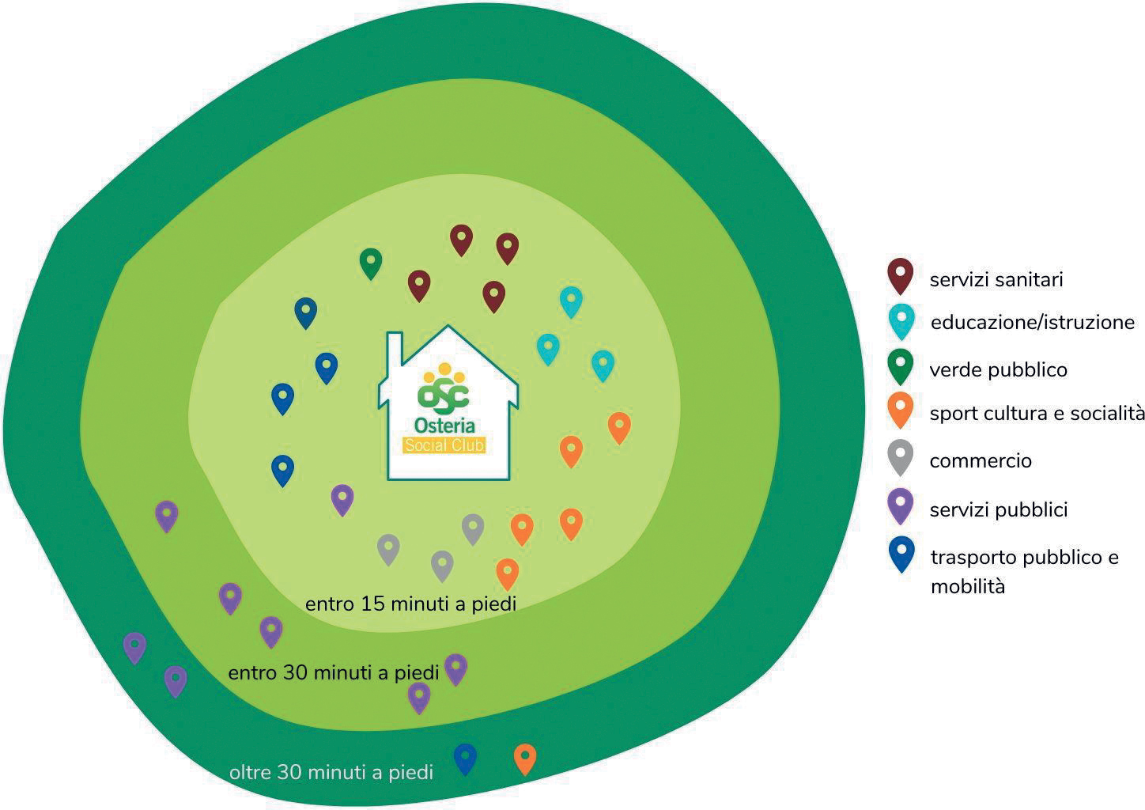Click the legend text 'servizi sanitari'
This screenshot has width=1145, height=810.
996,280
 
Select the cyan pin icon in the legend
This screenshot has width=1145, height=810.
901,322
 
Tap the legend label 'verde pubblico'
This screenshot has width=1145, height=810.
998,369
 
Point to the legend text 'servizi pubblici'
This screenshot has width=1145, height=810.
998,510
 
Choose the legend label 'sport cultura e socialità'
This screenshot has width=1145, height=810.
1037,413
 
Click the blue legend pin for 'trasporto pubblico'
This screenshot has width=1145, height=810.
901,555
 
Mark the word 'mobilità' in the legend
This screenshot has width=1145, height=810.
968,586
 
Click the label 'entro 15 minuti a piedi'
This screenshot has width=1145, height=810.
410,604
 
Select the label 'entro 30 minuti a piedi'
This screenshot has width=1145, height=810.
333,673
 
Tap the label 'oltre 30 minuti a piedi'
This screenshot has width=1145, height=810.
331,772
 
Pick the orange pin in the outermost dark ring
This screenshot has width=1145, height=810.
525,759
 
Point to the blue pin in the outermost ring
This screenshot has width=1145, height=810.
465,759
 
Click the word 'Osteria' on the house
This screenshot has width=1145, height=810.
444,426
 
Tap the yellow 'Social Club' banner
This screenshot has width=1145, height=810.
444,445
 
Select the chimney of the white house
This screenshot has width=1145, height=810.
395,348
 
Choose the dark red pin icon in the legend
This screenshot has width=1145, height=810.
901,276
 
